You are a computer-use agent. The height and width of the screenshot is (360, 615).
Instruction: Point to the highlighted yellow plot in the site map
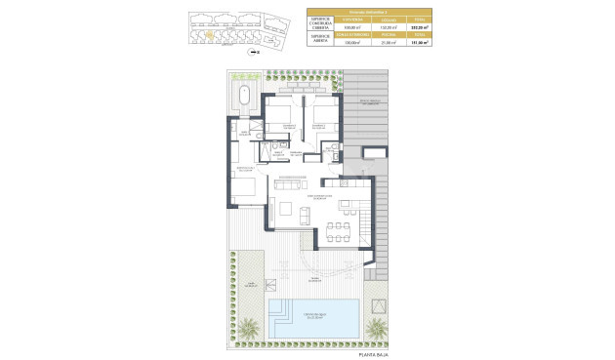coord(209,33)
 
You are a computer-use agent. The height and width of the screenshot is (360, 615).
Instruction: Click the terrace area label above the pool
coord(314,278)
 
